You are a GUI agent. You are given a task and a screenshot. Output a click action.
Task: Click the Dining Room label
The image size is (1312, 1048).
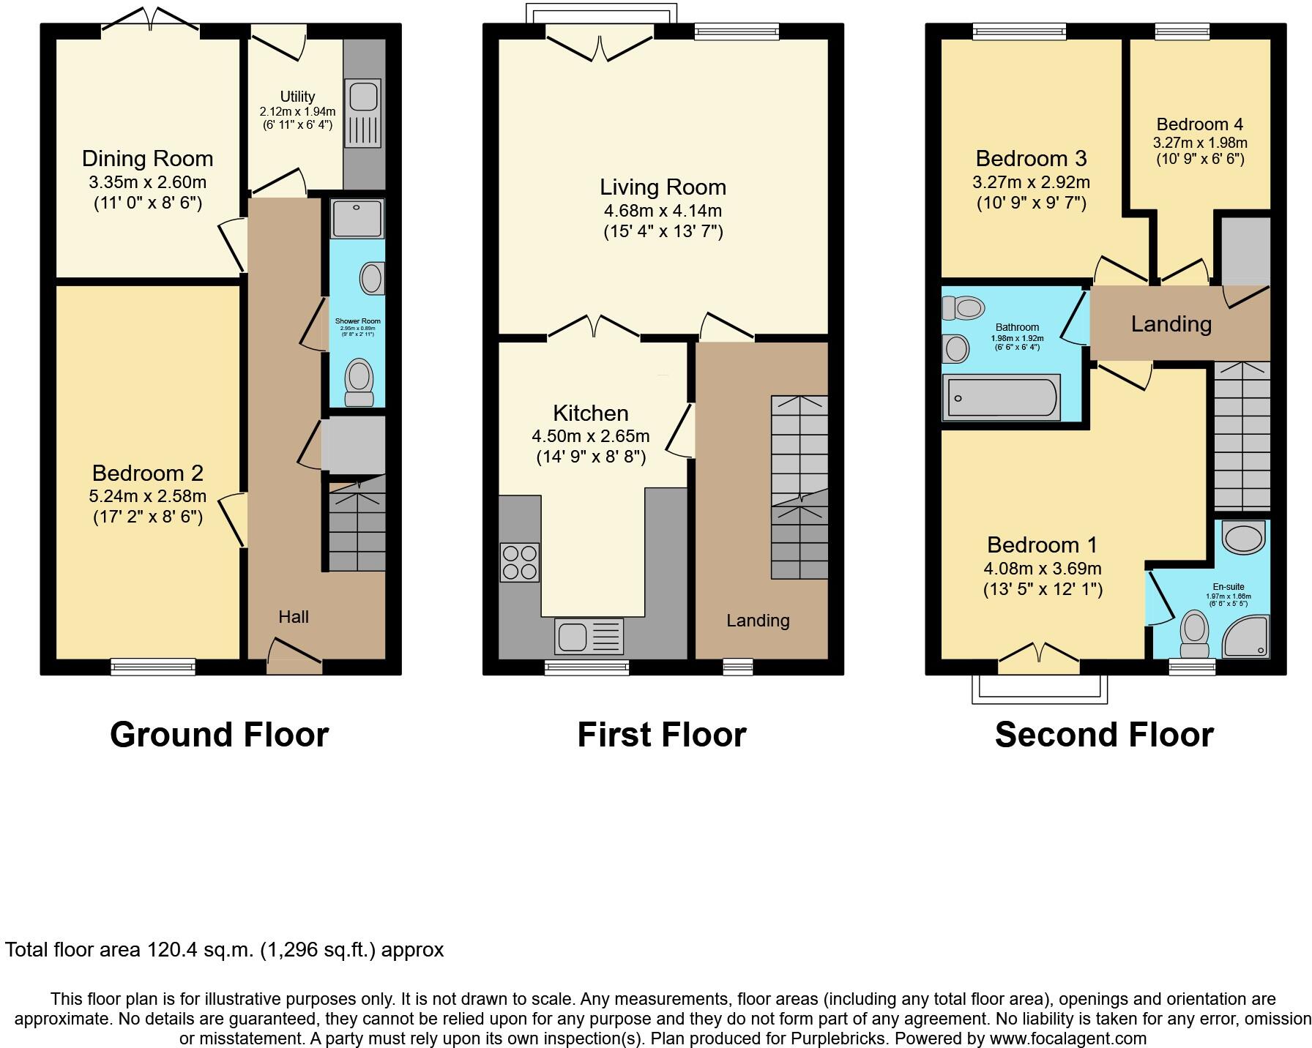147,159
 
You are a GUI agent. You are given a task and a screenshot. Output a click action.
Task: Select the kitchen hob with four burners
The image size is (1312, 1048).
519,562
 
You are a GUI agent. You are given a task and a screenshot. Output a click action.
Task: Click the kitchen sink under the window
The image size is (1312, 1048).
589,636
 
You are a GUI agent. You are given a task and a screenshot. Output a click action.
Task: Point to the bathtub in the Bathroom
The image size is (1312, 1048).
1001,398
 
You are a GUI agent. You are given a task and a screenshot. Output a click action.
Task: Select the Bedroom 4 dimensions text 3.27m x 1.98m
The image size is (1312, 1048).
1200,143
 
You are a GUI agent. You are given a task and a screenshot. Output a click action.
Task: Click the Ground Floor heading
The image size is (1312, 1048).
219,734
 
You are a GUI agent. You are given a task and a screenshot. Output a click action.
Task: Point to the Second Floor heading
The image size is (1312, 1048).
1104,734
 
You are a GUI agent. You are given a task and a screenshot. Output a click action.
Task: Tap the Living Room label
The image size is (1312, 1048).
663,187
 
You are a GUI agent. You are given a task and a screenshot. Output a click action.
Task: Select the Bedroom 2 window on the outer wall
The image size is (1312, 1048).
153,667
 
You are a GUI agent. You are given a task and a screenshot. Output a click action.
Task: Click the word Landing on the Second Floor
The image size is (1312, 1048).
1171,324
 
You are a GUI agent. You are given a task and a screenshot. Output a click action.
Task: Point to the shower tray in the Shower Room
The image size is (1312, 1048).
357,217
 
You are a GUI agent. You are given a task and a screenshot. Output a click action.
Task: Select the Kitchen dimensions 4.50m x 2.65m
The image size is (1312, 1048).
590,437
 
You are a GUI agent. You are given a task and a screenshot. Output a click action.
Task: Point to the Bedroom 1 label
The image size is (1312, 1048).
1042,545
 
